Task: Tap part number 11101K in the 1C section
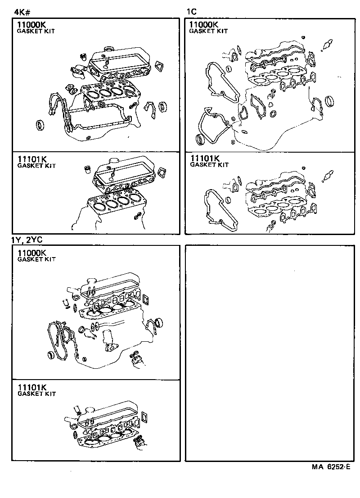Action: [205, 158]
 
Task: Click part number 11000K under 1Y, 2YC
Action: [32, 253]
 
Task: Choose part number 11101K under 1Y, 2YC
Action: [32, 388]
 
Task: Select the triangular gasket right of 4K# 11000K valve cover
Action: [158, 66]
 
